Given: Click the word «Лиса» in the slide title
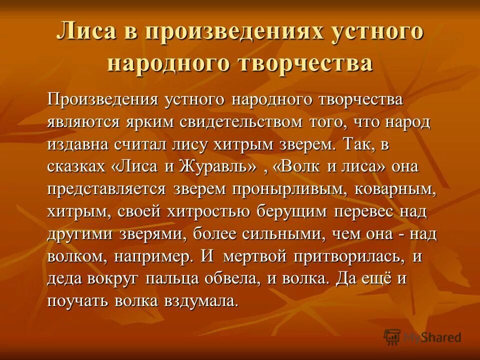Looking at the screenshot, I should click(x=86, y=33).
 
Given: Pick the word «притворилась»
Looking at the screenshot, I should click(x=344, y=256).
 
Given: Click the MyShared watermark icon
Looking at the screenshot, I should click(x=392, y=337).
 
